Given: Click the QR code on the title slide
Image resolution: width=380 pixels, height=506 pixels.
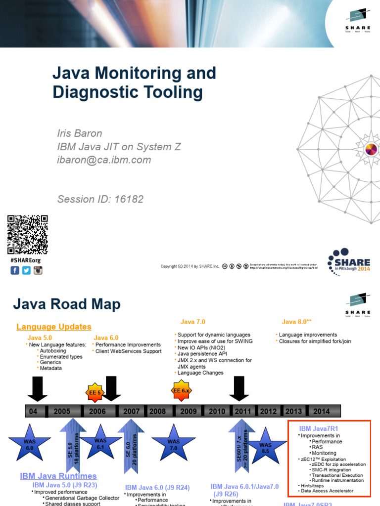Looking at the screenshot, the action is click(27, 235).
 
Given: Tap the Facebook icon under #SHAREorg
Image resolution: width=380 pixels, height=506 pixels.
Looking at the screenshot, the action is click(15, 270).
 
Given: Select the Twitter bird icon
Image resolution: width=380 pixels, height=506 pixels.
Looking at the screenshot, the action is click(26, 270).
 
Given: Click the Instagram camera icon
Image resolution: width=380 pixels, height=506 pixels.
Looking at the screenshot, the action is click(38, 270).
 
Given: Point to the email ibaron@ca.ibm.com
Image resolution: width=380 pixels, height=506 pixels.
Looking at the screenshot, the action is click(104, 160).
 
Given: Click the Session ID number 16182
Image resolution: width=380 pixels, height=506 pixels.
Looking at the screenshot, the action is click(129, 199).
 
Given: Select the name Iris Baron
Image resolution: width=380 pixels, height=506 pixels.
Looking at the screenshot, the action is click(80, 133).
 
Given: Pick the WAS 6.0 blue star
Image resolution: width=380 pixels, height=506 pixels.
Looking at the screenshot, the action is click(29, 443).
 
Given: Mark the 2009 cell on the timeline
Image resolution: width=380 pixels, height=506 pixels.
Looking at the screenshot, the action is click(188, 411).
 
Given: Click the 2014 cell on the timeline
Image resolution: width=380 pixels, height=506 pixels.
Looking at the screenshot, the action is click(321, 411).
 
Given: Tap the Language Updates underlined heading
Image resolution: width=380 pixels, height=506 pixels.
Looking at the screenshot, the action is click(54, 327).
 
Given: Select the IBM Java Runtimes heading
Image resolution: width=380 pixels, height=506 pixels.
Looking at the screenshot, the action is click(58, 476).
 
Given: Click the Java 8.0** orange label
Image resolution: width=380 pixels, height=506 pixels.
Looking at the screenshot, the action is click(296, 322).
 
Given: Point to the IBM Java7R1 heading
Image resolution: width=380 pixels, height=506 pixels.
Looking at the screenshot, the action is click(319, 428).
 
